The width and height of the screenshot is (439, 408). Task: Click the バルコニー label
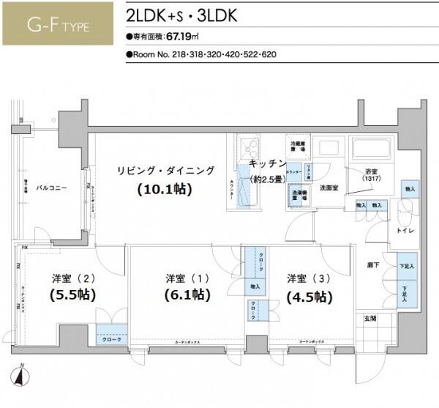click(x=52, y=188)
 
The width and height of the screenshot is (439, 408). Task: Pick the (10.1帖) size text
click(x=164, y=189)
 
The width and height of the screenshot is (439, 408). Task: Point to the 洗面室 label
click(x=328, y=188)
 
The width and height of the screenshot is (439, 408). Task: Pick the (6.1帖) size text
click(x=186, y=295)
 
